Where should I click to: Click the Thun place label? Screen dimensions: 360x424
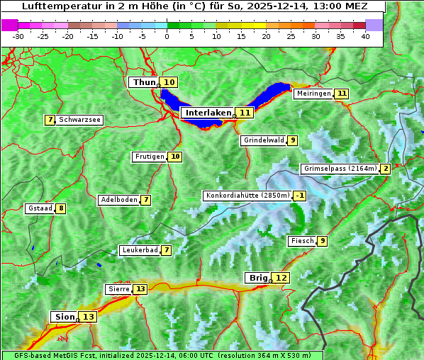[x=144, y=83]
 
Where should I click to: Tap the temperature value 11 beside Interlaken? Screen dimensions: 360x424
[x=245, y=113]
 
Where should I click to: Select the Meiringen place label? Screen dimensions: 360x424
[x=313, y=94]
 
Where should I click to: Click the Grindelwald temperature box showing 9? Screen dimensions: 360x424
[x=293, y=140]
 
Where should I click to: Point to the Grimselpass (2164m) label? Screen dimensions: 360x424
[x=340, y=169]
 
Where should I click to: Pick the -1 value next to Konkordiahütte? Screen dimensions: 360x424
[x=301, y=196]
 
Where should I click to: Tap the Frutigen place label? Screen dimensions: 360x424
[x=149, y=157]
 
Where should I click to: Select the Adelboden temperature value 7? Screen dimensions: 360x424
[x=146, y=200]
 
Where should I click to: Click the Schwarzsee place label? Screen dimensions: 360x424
[x=79, y=120]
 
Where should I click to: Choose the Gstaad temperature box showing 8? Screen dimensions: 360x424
[x=62, y=208]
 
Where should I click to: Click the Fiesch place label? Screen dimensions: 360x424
[x=302, y=241]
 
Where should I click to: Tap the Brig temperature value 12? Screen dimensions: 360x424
[x=281, y=278]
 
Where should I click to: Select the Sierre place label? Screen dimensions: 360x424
[x=118, y=289]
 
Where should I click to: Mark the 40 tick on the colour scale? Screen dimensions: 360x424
[x=365, y=36]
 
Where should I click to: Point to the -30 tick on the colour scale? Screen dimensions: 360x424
[x=18, y=36]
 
